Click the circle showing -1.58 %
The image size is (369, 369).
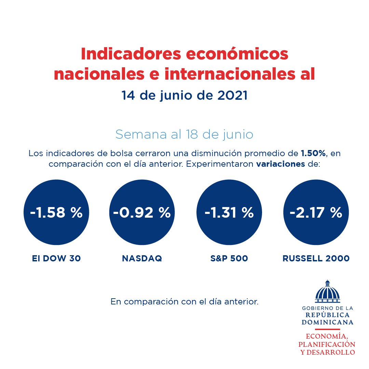[x=56, y=213]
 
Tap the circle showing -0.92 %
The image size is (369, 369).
[x=142, y=213]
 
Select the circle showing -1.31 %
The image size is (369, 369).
[x=229, y=213]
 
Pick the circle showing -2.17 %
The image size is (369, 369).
[x=316, y=213]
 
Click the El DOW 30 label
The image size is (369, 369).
[x=56, y=259]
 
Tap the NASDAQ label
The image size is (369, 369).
[x=142, y=259]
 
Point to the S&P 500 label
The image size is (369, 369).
[x=229, y=259]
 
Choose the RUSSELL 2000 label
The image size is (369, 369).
[x=316, y=259]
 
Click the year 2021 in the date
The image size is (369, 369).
[x=232, y=96]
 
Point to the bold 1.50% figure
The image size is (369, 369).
[x=313, y=153]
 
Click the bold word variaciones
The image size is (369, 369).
[x=281, y=164]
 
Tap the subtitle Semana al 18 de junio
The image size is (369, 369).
[x=184, y=134]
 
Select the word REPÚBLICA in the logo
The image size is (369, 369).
[x=327, y=315]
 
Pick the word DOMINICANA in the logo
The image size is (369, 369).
[x=327, y=322]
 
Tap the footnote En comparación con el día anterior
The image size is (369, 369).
[x=184, y=302]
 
